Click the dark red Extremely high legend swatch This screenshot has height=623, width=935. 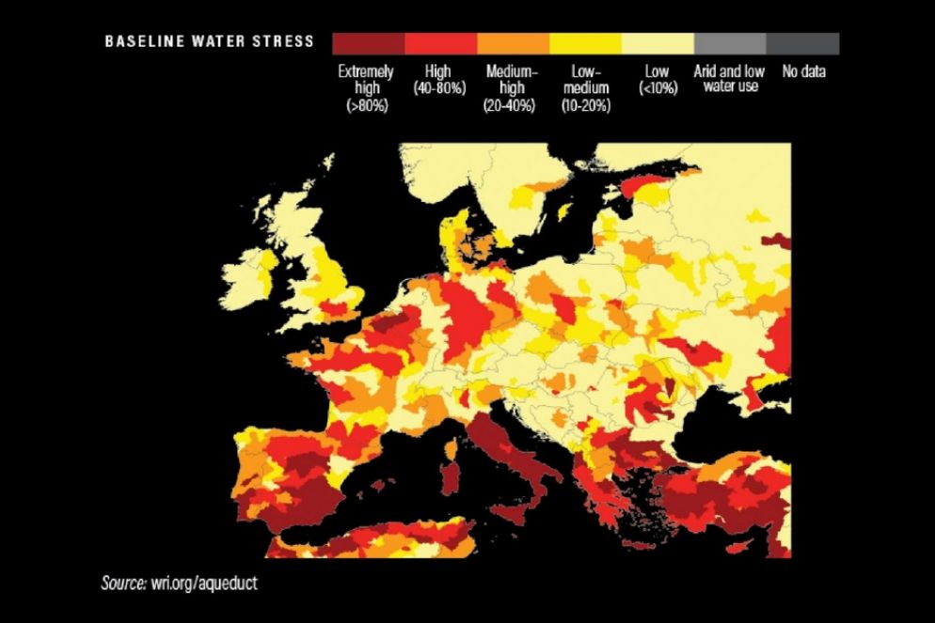click(x=368, y=44)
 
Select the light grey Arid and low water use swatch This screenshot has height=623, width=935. click(x=729, y=44)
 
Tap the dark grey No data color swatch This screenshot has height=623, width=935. click(x=802, y=44)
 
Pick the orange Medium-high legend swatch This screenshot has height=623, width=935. click(x=513, y=44)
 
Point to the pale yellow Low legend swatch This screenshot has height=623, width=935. click(x=658, y=44)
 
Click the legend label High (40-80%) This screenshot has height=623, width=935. click(x=439, y=80)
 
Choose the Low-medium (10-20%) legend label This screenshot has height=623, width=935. click(x=585, y=88)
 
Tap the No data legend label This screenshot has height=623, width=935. click(x=802, y=71)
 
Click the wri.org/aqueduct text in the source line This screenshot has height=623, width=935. click(x=202, y=584)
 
